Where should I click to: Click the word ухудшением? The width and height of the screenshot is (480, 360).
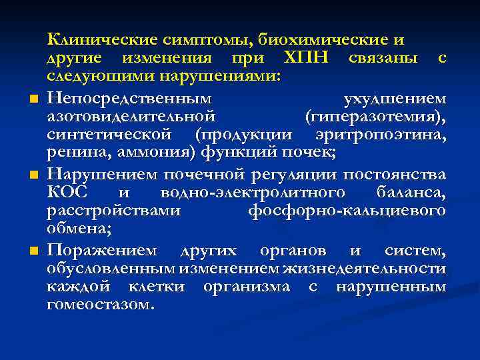coord(394,98)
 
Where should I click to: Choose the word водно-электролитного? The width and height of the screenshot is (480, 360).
coord(253,193)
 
